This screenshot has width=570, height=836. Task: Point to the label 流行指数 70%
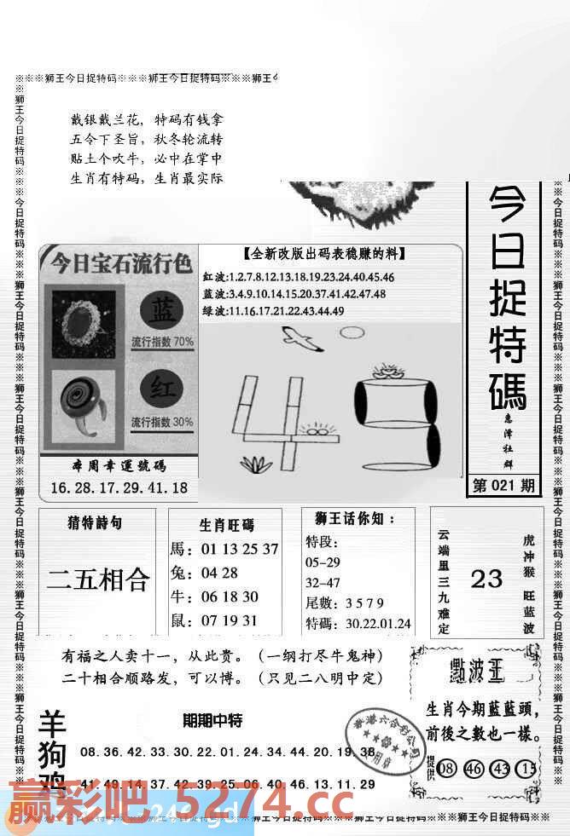162,343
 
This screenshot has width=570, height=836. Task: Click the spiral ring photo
82,405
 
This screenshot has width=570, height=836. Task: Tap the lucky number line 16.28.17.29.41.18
119,488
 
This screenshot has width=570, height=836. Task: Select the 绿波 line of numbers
273,311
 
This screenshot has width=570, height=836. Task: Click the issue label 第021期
503,486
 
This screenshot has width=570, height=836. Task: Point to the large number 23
486,579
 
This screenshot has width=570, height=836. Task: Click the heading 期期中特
212,721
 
